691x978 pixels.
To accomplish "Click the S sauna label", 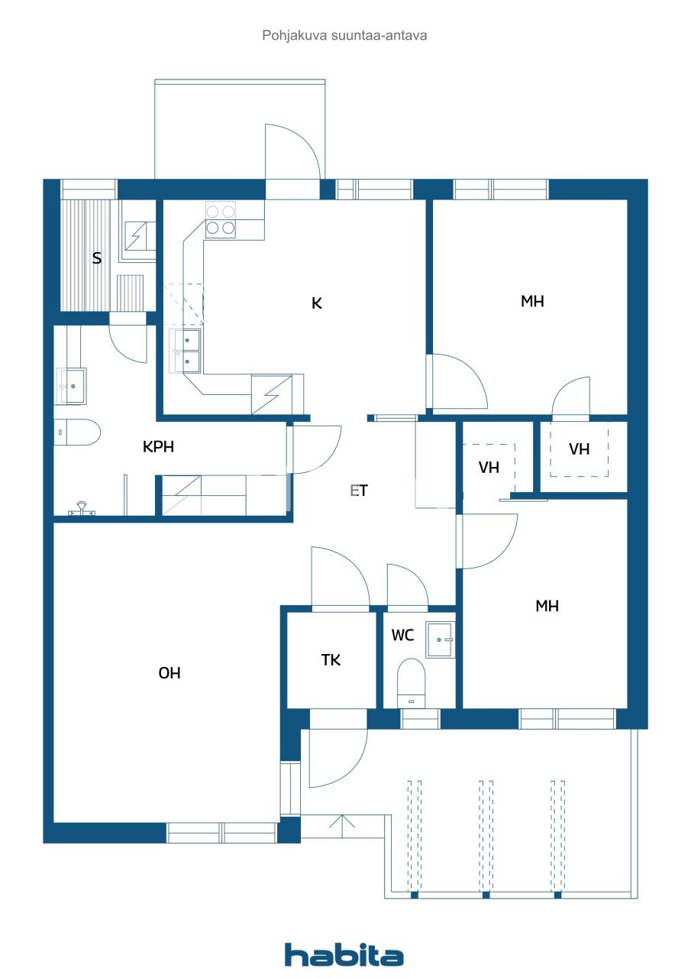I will (97, 258).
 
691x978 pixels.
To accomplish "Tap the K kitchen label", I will (317, 303).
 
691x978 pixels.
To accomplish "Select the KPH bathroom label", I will (158, 447).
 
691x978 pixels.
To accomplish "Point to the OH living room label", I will (170, 673).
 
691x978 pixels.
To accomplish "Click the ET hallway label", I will (359, 491).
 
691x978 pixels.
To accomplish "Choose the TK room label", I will (331, 660).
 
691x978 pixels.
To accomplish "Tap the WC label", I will (403, 635).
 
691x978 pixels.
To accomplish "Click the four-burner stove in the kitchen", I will (221, 219).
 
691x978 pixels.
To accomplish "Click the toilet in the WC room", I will (411, 682).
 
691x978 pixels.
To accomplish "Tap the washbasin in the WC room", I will (441, 639).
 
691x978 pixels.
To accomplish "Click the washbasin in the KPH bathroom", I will (72, 386).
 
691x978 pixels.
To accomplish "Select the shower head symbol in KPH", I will (82, 508).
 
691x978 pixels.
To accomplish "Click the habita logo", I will (344, 954).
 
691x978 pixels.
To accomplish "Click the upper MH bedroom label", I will (532, 301).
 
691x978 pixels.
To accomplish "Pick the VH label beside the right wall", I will (579, 449).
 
